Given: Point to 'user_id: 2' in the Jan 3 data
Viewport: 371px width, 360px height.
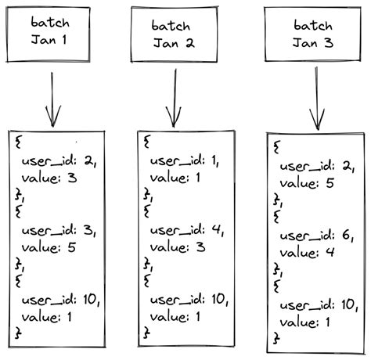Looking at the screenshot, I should [315, 166].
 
